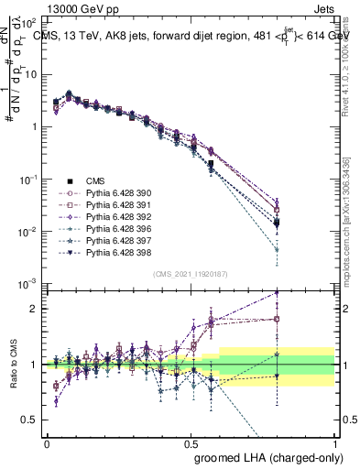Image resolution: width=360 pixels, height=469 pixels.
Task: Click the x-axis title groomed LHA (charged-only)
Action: [265, 455]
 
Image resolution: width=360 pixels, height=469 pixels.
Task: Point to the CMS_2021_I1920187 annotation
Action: [190, 273]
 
